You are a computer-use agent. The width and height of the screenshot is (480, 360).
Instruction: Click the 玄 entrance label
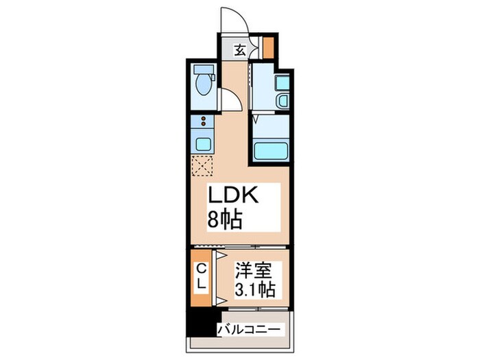240,49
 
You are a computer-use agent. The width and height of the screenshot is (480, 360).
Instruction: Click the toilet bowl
203,87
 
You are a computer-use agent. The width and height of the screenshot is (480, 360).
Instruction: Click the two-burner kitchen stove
202,123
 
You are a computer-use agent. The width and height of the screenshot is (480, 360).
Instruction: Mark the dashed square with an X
203,166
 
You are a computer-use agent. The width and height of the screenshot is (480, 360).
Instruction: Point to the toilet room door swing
229,101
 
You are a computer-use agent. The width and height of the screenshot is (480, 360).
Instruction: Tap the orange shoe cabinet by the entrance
269,47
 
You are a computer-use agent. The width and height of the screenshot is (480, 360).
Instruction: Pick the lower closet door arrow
222,299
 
